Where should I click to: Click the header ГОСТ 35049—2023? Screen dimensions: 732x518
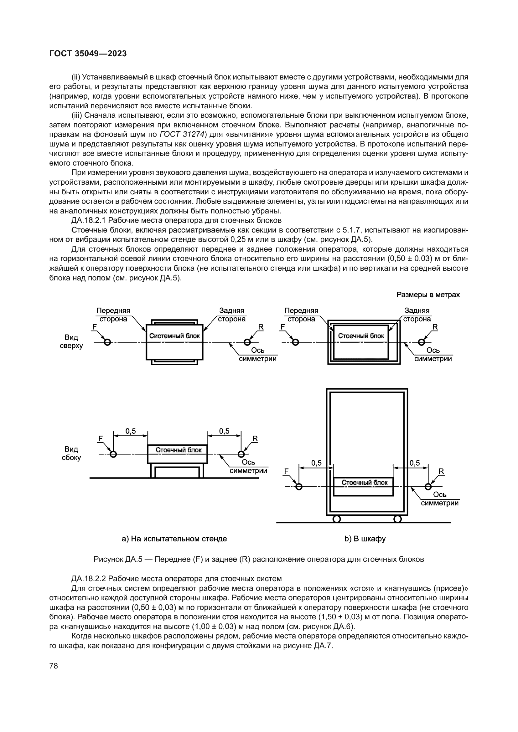(88, 54)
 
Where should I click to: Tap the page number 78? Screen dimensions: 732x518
(54, 666)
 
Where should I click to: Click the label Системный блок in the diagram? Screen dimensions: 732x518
(174, 336)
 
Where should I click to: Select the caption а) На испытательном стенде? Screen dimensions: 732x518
(174, 539)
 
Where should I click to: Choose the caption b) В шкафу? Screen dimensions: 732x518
(365, 539)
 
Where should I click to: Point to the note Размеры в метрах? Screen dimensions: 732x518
(428, 294)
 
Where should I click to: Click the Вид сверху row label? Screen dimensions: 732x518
(71, 341)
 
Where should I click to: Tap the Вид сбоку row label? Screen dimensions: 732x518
(71, 453)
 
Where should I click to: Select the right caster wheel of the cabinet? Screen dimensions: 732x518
(397, 519)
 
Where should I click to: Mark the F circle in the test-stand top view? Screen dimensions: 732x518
(107, 342)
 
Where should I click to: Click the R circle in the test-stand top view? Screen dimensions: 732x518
(247, 342)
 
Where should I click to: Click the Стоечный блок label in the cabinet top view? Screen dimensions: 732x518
(361, 336)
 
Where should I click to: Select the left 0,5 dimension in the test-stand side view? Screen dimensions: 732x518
(131, 431)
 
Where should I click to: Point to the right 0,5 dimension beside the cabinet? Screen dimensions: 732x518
(415, 463)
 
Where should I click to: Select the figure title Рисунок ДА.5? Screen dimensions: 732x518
(117, 559)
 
